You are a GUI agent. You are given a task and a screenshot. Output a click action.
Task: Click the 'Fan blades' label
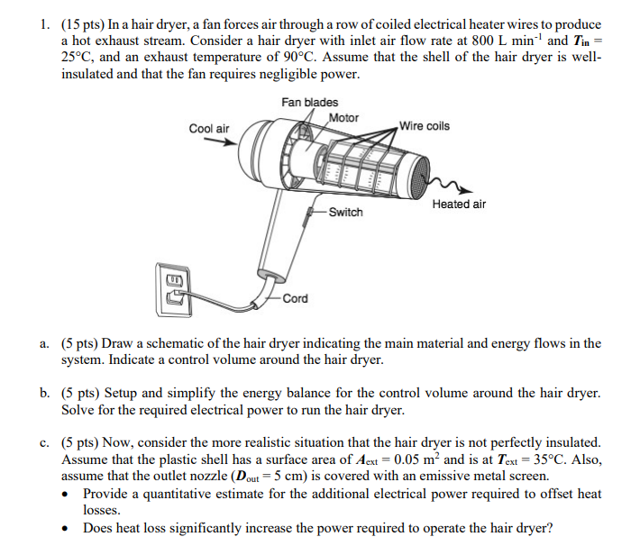(309, 103)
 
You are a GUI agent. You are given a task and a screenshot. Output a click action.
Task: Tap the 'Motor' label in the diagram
(343, 118)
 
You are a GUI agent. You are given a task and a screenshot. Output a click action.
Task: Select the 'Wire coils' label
(424, 125)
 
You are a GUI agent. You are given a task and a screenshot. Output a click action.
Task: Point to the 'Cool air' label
(209, 129)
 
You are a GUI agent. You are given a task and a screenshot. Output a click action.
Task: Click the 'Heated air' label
(458, 205)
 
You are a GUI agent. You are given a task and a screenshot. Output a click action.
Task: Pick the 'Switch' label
(345, 213)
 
